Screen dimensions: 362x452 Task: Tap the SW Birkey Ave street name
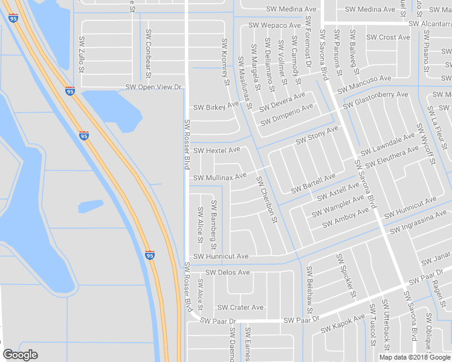pos(216,107)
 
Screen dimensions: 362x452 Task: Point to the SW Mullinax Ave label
pos(220,177)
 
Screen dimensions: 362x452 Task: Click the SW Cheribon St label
pos(266,199)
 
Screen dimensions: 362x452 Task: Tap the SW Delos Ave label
pos(227,272)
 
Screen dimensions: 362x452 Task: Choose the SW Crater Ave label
pos(241,307)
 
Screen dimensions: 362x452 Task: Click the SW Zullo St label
pos(81,53)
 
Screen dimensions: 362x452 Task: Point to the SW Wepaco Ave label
pos(274,25)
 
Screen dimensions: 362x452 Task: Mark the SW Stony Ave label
pos(317,135)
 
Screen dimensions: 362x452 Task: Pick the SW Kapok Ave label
pos(343,324)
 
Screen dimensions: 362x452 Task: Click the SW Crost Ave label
pos(388,37)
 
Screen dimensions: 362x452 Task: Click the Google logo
pos(21,355)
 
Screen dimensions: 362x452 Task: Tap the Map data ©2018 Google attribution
pos(415,357)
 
